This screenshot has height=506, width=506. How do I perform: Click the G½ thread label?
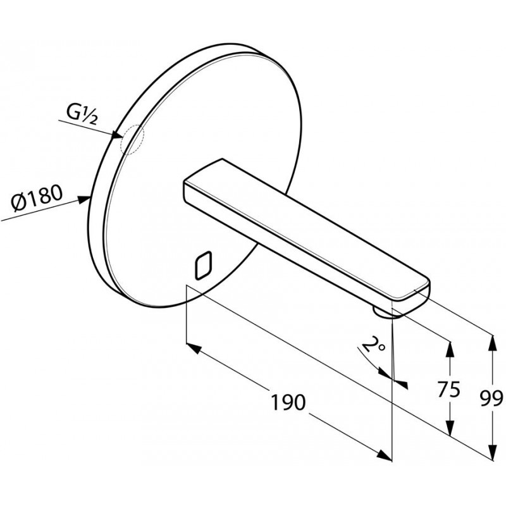[x=82, y=114]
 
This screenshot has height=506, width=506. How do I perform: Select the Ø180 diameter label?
[x=36, y=198]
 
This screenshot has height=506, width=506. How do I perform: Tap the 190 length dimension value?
[x=288, y=402]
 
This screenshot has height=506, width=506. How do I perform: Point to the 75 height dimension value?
[x=449, y=389]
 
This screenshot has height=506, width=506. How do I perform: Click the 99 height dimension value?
[x=491, y=398]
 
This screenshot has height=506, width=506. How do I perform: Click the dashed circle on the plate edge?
[x=132, y=139]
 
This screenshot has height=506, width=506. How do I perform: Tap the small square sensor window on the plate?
[x=203, y=265]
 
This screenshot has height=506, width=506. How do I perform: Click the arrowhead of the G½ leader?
[x=117, y=135]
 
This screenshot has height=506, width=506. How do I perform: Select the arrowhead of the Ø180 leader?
[x=84, y=200]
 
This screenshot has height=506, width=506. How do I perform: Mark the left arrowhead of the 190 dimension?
[x=194, y=349]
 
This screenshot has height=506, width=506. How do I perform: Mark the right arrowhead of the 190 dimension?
[x=384, y=455]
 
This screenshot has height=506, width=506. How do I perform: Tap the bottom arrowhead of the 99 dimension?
[x=493, y=451]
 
